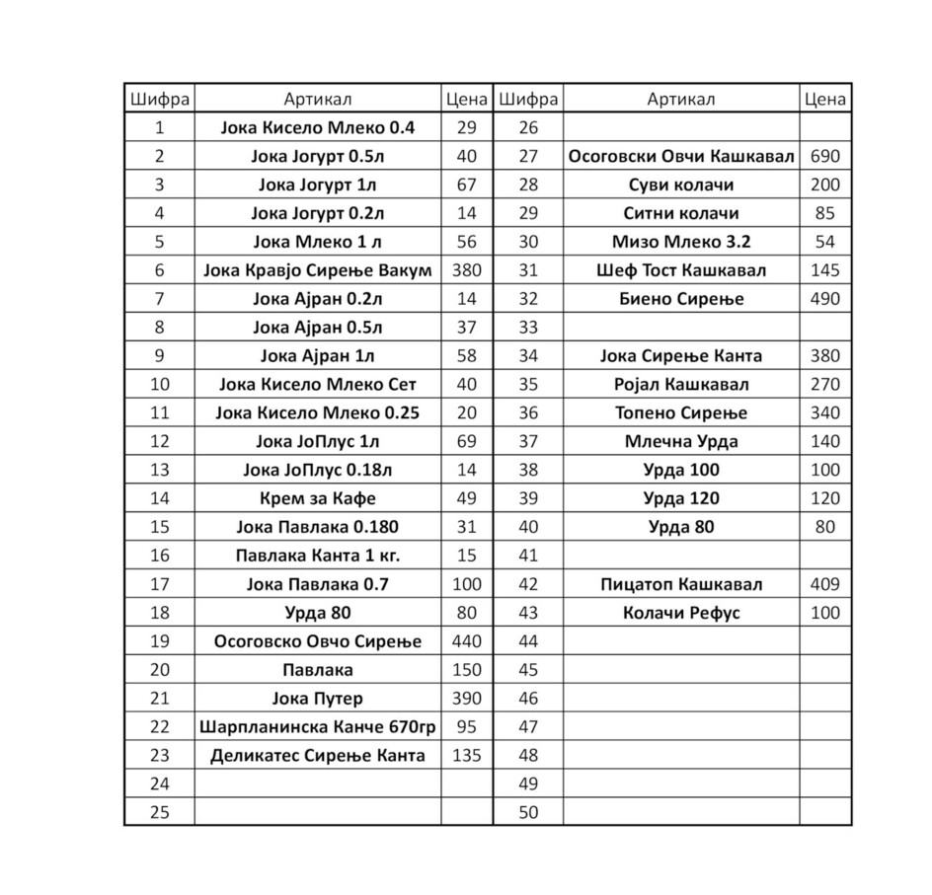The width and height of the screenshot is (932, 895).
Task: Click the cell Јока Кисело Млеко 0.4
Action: click(317, 127)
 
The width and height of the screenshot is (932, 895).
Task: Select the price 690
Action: click(824, 156)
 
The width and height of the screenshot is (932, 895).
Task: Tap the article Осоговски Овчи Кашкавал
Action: click(681, 156)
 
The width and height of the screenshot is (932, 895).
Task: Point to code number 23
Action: click(159, 756)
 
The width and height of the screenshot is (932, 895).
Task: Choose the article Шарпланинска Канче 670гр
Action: click(317, 727)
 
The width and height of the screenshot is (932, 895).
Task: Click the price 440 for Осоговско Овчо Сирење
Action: click(466, 641)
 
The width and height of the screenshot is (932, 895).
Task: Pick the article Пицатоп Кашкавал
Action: click(681, 584)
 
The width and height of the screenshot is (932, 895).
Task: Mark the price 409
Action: click(824, 584)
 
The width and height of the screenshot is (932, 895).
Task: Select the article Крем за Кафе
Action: click(317, 498)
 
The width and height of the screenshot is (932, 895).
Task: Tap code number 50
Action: click(528, 813)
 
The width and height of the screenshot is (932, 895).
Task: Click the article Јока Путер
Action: click(317, 699)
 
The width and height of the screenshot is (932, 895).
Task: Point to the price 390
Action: click(466, 699)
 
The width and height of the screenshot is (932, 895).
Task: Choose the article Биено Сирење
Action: click(681, 298)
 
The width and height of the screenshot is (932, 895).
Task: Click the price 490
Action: click(824, 298)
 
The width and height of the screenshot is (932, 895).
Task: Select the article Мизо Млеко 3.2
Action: click(681, 242)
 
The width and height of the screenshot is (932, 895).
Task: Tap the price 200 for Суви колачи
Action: click(824, 185)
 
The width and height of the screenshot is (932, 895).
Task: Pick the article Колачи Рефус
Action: click(681, 613)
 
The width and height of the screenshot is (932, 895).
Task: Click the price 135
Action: click(466, 756)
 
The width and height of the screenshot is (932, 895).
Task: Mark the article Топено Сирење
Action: click(681, 412)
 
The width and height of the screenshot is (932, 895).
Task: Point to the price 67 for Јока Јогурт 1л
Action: click(466, 185)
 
